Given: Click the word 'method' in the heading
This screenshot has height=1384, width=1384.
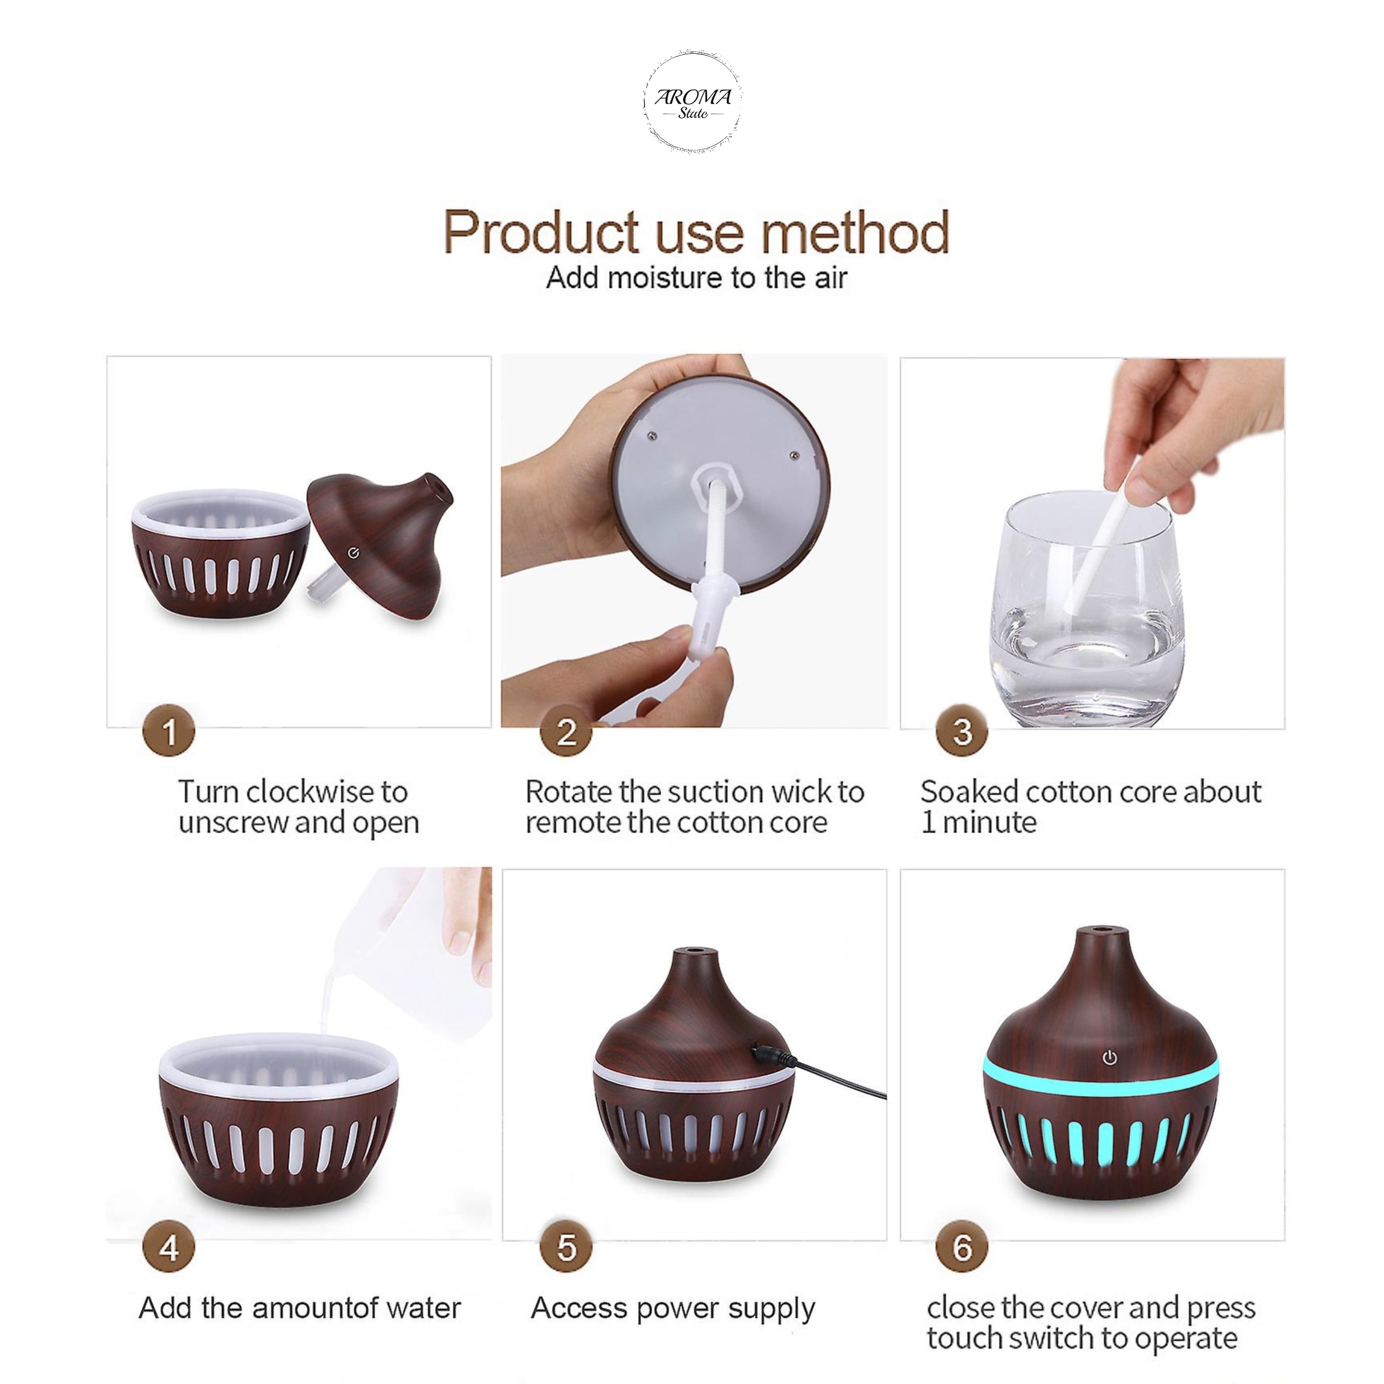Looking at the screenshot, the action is click(x=854, y=232).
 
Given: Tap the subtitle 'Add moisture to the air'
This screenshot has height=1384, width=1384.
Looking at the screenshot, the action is click(x=696, y=278).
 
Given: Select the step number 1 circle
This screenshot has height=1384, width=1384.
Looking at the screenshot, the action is click(x=169, y=731).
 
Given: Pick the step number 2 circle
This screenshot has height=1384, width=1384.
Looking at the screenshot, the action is click(x=566, y=731).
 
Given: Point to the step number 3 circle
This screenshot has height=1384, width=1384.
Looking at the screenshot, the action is click(x=962, y=731).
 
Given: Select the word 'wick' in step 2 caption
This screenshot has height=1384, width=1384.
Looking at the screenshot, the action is click(x=793, y=792).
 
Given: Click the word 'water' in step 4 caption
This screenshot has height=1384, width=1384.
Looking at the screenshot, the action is click(x=423, y=1309).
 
